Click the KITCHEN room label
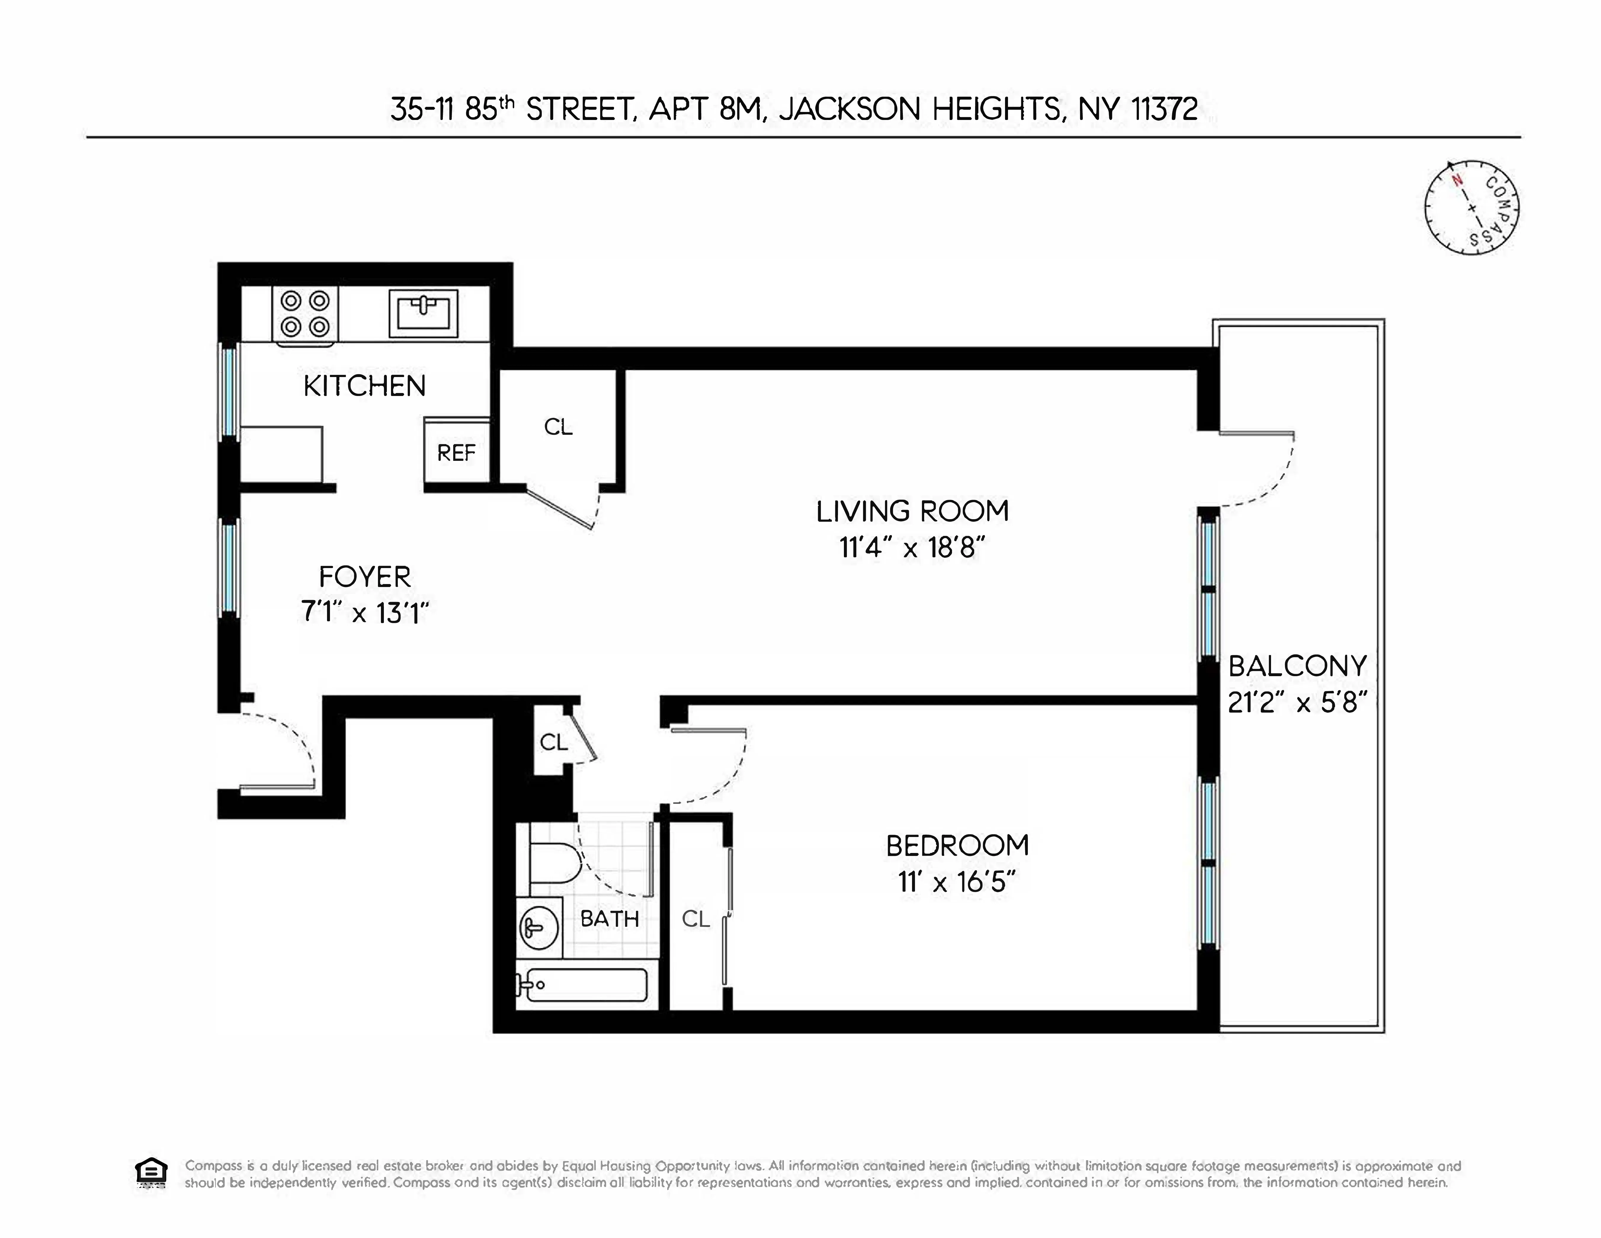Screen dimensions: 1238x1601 [x=364, y=386]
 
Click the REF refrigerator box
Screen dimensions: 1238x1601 [x=457, y=452]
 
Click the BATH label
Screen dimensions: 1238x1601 [x=609, y=918]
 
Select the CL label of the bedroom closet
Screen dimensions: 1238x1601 [x=696, y=918]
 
